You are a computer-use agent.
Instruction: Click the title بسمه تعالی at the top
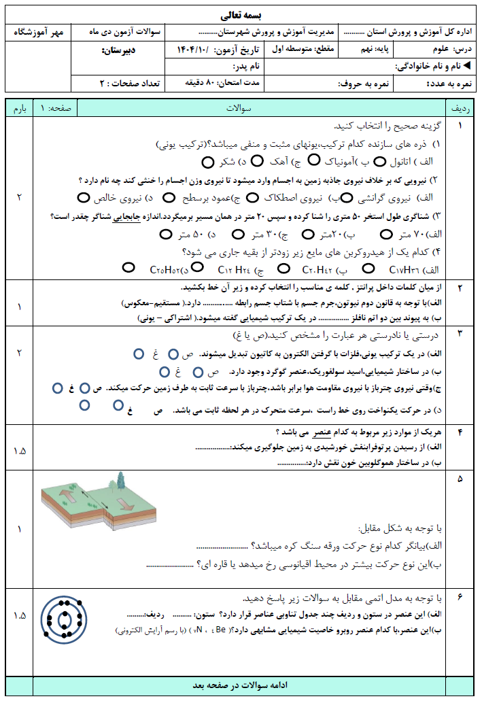coord(241,14)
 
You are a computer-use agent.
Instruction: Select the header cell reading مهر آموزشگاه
coord(39,32)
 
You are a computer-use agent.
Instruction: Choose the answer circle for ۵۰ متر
coord(166,235)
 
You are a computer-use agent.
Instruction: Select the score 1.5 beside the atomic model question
coord(19,615)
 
